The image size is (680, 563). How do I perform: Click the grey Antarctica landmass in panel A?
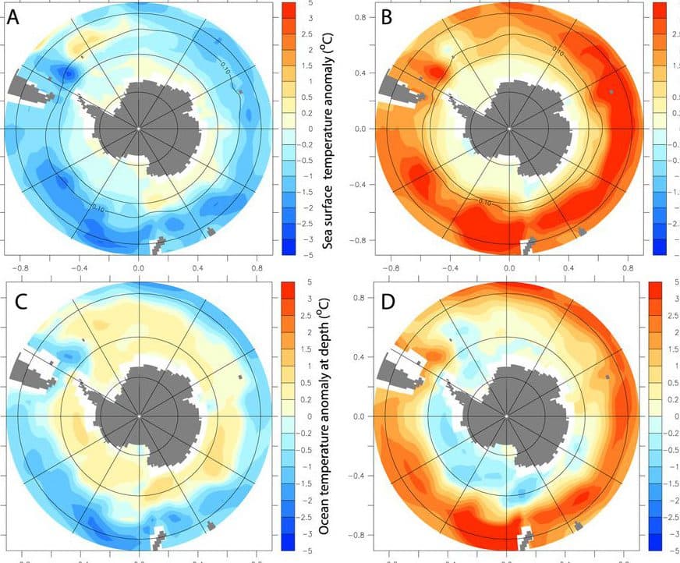[144, 129]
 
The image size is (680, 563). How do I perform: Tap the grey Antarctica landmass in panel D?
[511, 413]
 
